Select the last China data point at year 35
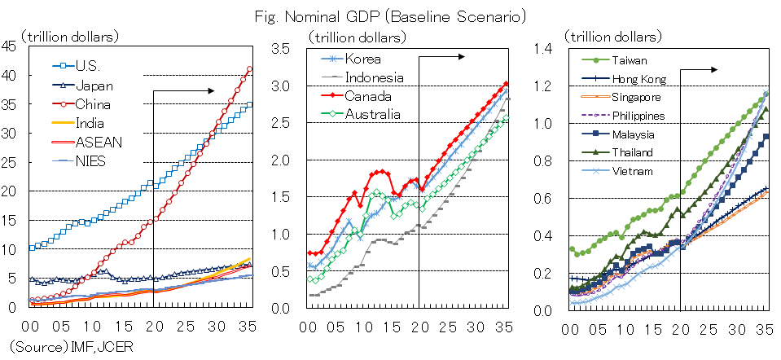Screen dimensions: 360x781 [249, 68]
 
